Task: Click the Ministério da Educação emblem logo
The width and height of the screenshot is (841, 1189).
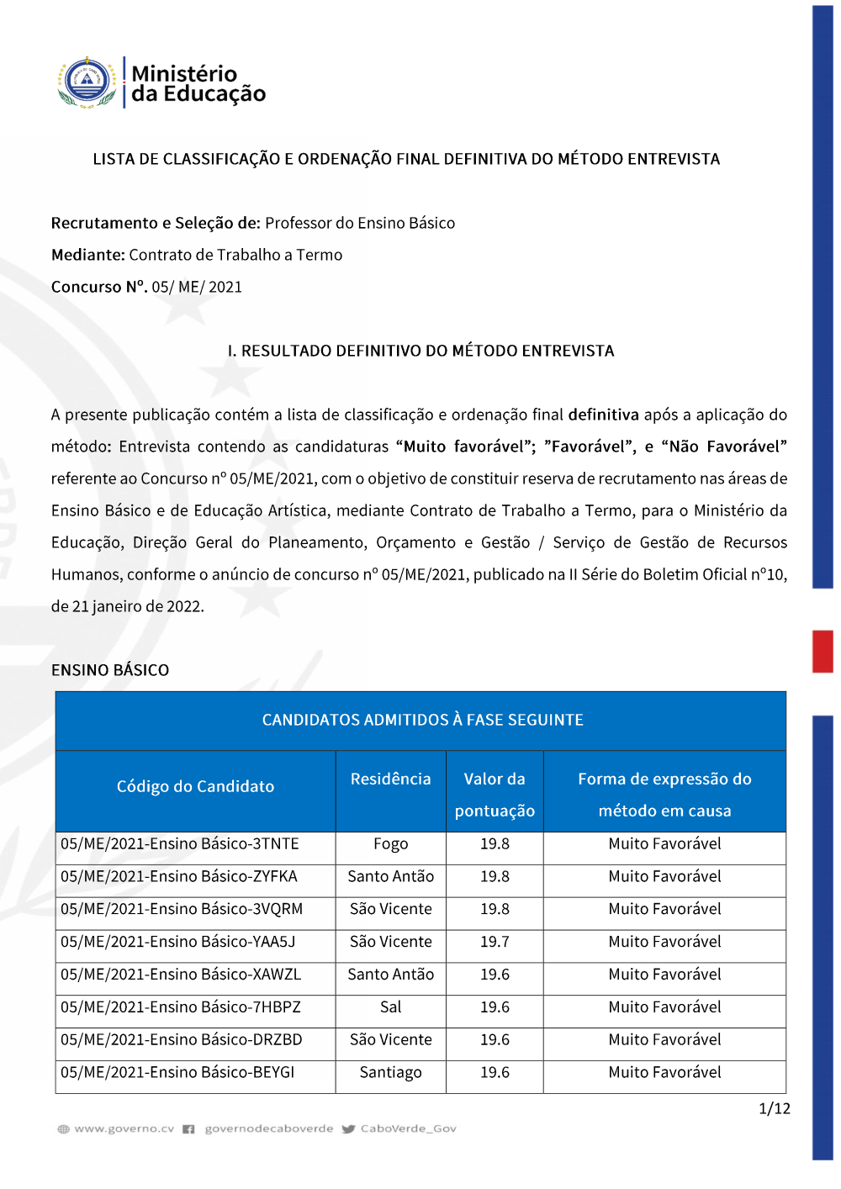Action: tap(87, 82)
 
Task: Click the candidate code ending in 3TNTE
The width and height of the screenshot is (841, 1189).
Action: tap(180, 844)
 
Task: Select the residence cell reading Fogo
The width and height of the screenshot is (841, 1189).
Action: tap(390, 844)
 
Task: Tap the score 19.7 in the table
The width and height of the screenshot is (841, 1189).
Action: tap(495, 942)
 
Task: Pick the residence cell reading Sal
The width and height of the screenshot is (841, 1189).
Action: tap(390, 1007)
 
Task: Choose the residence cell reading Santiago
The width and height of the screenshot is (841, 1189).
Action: tap(390, 1073)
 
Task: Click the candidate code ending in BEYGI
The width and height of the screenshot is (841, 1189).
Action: tap(177, 1073)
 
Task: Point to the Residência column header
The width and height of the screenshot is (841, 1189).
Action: tap(390, 779)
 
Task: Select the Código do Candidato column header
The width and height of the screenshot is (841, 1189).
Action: tap(195, 787)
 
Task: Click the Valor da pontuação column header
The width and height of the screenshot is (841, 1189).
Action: tap(495, 795)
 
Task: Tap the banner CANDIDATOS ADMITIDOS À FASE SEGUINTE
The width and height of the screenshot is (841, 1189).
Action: tap(422, 720)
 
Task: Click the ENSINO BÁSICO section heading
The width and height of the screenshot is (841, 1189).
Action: tap(110, 670)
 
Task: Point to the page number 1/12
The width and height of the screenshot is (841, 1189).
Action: tap(774, 1109)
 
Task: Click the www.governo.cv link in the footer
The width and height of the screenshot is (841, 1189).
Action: tap(124, 1129)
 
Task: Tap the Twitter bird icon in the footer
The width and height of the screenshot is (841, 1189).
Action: tap(349, 1129)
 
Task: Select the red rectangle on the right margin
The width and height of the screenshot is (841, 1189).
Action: tap(822, 652)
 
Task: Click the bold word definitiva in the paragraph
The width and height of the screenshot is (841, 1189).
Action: tap(603, 415)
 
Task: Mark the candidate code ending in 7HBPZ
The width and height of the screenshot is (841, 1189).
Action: tap(181, 1007)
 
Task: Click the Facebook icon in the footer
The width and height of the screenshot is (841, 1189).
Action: tap(189, 1129)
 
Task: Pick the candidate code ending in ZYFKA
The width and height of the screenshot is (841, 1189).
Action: tap(179, 877)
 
